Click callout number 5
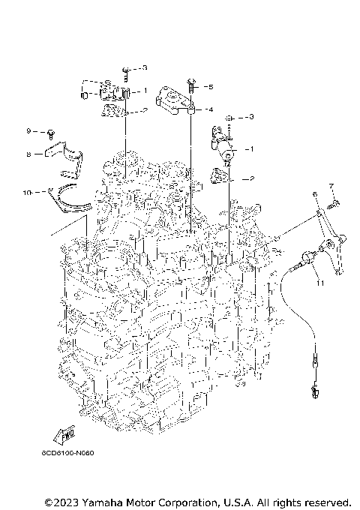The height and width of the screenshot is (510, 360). pyautogui.click(x=211, y=87)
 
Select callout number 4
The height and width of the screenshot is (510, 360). pyautogui.click(x=211, y=109)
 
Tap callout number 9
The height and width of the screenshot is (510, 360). pyautogui.click(x=29, y=131)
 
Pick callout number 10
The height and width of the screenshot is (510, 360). pyautogui.click(x=27, y=193)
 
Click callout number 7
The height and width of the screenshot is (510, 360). pyautogui.click(x=331, y=184)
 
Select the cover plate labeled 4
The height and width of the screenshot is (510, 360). pyautogui.click(x=175, y=102)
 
